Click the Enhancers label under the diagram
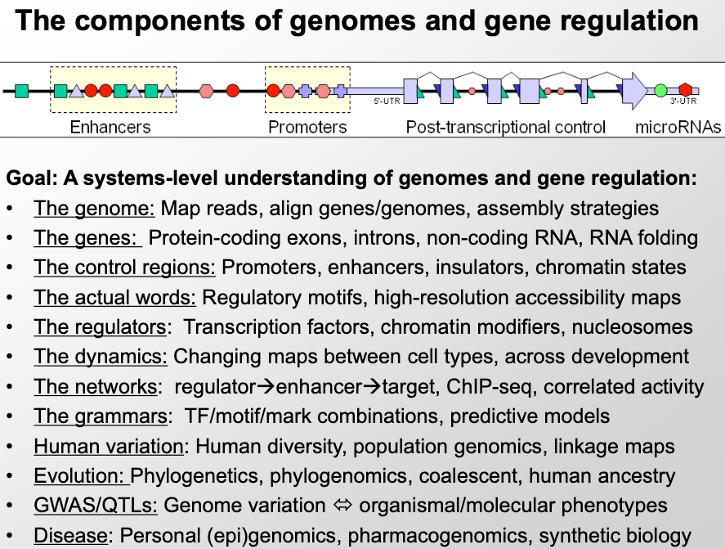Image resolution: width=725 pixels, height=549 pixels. [110, 127]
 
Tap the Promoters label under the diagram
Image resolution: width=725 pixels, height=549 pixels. [307, 127]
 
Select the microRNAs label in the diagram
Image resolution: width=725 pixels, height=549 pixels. [678, 127]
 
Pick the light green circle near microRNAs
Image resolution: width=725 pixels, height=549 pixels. [660, 90]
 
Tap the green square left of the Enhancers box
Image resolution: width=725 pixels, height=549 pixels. [22, 90]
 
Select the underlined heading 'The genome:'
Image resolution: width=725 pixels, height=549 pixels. [94, 209]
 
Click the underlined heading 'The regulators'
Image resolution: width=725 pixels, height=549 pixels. [100, 327]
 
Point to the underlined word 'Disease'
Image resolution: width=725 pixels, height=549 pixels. [70, 536]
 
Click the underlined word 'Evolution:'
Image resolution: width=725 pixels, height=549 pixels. [80, 476]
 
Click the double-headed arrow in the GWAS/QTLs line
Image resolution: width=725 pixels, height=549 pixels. [331, 506]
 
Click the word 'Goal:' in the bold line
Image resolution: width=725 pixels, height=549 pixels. [29, 178]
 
